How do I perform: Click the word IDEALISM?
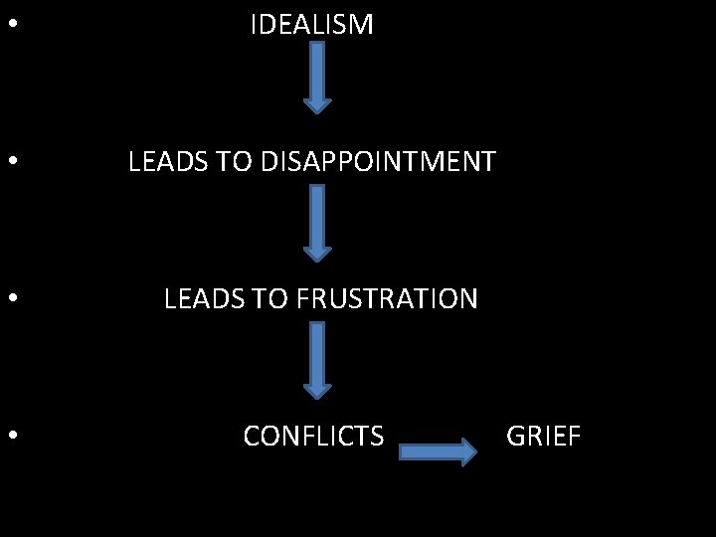point(311,25)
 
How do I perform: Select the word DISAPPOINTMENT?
point(379,161)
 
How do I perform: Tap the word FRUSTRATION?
point(387,298)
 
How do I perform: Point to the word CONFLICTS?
point(313,436)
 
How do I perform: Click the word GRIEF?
point(543,436)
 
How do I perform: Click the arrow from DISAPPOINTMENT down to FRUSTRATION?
point(316,224)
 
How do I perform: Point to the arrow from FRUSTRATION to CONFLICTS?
point(316,361)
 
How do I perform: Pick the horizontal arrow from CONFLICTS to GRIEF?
point(438,452)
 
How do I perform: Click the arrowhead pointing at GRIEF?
point(467,452)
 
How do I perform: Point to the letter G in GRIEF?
point(516,436)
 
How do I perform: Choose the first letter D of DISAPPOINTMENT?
point(270,161)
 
